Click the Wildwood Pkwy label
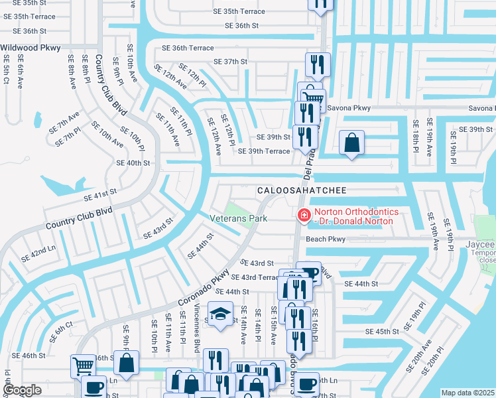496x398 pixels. tap(31, 48)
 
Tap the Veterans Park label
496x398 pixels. tap(238, 218)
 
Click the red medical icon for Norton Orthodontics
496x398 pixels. tap(304, 215)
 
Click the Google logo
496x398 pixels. tap(23, 391)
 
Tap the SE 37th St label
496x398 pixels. tap(230, 62)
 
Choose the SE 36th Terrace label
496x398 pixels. tap(188, 48)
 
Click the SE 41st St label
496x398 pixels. tap(99, 194)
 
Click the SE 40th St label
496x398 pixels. tap(133, 163)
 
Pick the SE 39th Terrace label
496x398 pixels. tap(264, 151)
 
